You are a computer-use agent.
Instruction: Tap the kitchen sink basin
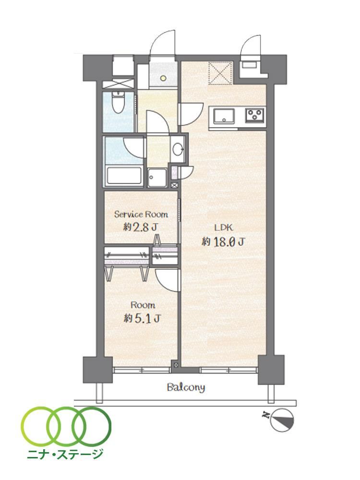tap(224, 116)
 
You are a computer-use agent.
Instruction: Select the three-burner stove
tap(254, 116)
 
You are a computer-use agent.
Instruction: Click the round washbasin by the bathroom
tap(178, 150)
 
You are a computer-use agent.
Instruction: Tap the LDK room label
tap(224, 228)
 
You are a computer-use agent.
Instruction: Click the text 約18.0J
tap(223, 242)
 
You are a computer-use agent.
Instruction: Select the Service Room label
tap(141, 214)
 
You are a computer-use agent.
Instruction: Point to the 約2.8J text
tap(141, 227)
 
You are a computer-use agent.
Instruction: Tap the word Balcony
tap(186, 387)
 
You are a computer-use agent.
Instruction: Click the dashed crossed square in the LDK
tap(221, 73)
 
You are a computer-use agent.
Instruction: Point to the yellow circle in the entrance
tap(163, 78)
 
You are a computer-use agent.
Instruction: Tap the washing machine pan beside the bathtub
tap(157, 177)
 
